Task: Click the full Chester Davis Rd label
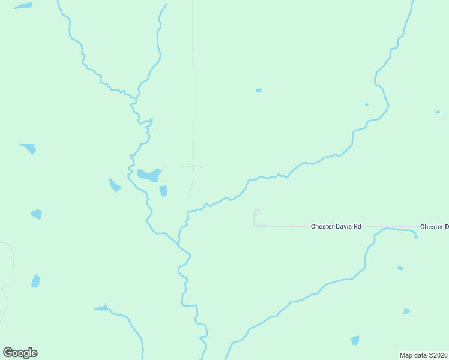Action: coord(336,227)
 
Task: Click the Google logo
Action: coord(20,353)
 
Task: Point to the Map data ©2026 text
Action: coord(424,355)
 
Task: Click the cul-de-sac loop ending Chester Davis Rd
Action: coord(256,212)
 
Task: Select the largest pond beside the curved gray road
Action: coord(149,175)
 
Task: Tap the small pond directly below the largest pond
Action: coord(163,191)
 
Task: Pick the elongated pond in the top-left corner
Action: coord(23,6)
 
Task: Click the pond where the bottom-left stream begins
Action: coord(101,308)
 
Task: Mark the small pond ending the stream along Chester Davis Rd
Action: coord(415,236)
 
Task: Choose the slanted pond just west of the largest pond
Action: coord(114,185)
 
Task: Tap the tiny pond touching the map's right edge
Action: coord(437,112)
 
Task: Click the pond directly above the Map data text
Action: coord(406,311)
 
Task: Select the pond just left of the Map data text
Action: coord(355,341)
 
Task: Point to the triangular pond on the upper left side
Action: coord(28,148)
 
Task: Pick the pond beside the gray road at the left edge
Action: coord(35,281)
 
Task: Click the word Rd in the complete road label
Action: coord(357,227)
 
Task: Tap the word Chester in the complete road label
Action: coord(321,227)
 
